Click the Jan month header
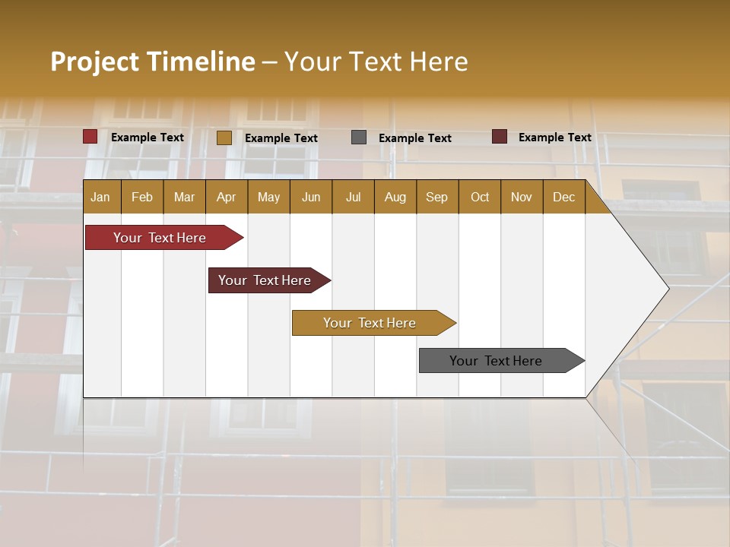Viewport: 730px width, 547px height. click(x=100, y=198)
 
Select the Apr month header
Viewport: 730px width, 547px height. click(x=226, y=198)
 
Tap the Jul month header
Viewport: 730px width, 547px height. click(x=353, y=198)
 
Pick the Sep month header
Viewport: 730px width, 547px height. click(x=436, y=198)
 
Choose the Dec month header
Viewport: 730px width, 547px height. click(x=563, y=198)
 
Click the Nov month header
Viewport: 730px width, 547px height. click(x=521, y=198)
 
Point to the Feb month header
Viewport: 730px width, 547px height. click(x=142, y=198)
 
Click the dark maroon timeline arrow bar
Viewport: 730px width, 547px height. click(x=265, y=280)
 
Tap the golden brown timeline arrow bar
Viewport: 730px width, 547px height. click(x=370, y=323)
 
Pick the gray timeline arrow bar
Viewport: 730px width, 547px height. click(x=497, y=361)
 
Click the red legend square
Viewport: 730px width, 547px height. click(x=90, y=137)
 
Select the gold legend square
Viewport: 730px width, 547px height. click(x=224, y=138)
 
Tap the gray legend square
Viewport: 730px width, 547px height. click(x=359, y=138)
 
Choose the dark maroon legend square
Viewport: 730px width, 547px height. click(x=500, y=137)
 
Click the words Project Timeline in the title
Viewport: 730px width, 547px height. click(x=152, y=62)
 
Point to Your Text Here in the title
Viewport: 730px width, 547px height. click(x=376, y=62)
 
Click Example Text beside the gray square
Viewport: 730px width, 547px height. click(x=414, y=138)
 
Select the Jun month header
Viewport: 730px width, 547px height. click(x=311, y=198)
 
